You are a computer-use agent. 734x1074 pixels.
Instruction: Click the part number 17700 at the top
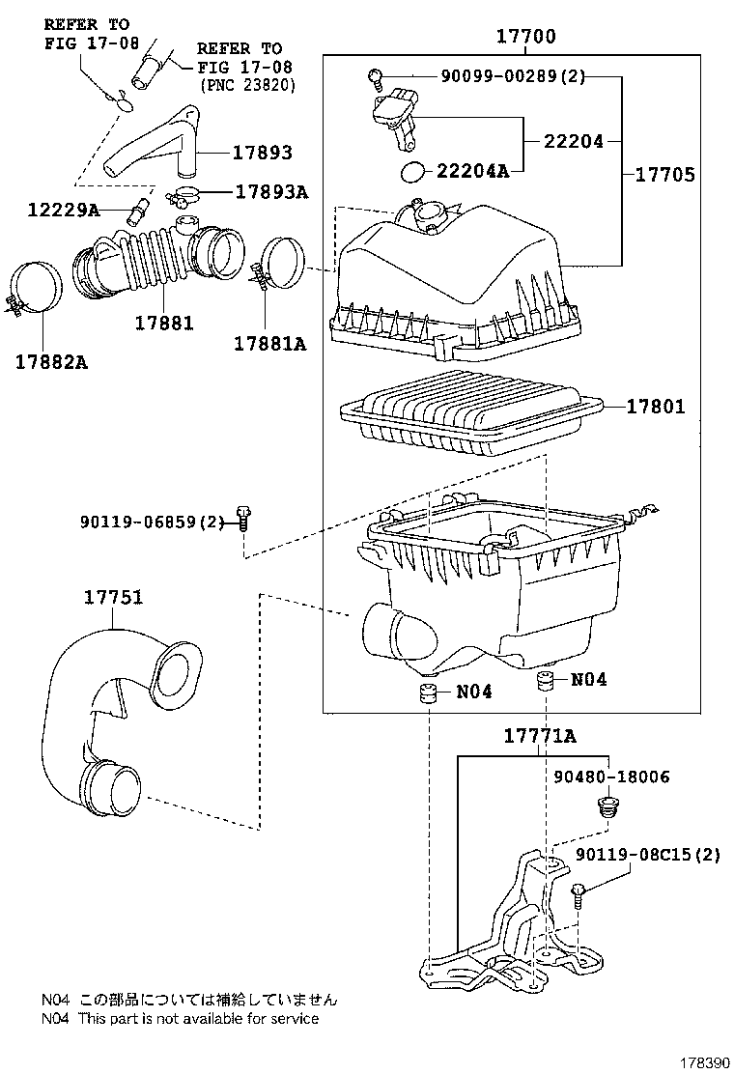526,38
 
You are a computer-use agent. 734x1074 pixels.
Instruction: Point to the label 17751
113,598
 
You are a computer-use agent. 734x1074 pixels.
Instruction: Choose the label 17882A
51,361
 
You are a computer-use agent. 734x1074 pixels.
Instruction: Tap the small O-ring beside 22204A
412,172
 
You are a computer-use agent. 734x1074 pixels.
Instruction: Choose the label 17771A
539,736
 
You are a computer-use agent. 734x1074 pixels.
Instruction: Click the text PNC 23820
247,85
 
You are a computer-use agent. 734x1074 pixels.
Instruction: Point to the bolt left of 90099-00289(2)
377,75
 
